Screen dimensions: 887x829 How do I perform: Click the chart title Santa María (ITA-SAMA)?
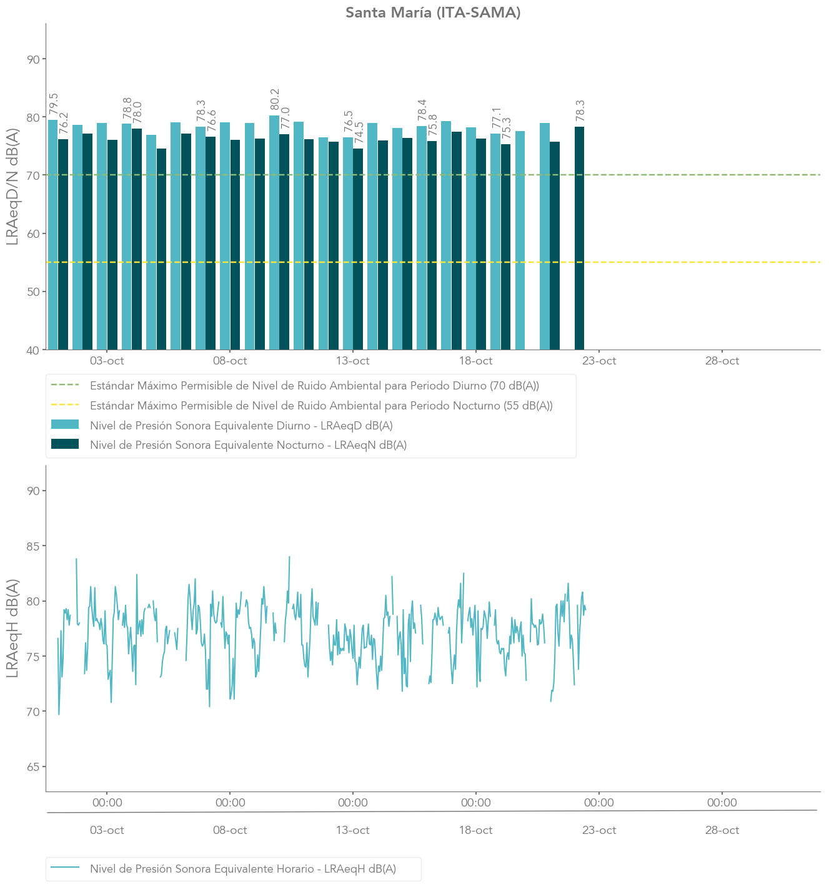[433, 12]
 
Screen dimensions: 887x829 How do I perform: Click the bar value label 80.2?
[275, 100]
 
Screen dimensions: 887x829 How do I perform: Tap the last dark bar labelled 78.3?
[579, 237]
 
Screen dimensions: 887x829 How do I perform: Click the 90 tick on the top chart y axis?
[32, 59]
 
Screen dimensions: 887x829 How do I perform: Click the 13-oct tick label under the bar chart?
[353, 361]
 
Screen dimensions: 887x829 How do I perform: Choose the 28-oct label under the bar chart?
[722, 361]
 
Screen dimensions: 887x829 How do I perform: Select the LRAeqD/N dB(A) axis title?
[12, 187]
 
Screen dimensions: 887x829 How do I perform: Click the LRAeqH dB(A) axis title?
[12, 628]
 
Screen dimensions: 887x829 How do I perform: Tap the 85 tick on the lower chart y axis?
[32, 546]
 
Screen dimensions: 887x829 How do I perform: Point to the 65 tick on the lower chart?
[32, 767]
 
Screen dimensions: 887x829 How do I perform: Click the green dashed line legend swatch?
[65, 386]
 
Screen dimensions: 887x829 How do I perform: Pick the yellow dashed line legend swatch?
[65, 406]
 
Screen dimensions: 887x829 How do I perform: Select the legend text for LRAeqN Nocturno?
[248, 445]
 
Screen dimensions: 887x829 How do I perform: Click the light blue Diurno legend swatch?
[65, 425]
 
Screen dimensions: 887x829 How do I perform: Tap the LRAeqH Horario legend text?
[243, 869]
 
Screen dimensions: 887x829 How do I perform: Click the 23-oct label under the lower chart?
[599, 830]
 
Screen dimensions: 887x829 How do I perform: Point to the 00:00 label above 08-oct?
[231, 803]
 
